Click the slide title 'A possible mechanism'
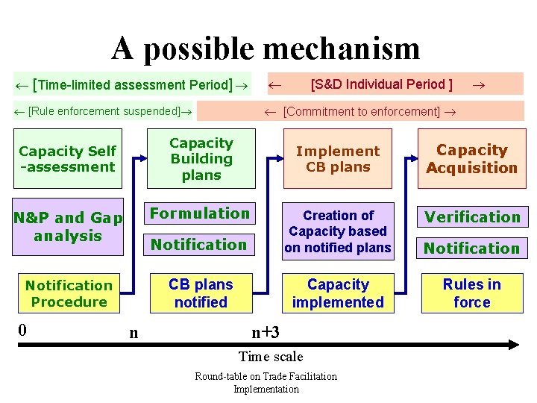266,49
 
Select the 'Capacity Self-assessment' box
68,159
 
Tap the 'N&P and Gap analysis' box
68,227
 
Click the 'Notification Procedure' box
68,293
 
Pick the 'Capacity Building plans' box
201,159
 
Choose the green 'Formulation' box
200,213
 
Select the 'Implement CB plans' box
338,159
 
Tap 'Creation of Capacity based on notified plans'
338,231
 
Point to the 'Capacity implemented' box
338,293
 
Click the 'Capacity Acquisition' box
471,159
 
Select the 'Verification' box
472,217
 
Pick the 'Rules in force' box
471,293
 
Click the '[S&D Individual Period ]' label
381,84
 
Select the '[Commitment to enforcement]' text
361,111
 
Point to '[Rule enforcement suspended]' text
104,111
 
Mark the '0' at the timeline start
23,328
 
